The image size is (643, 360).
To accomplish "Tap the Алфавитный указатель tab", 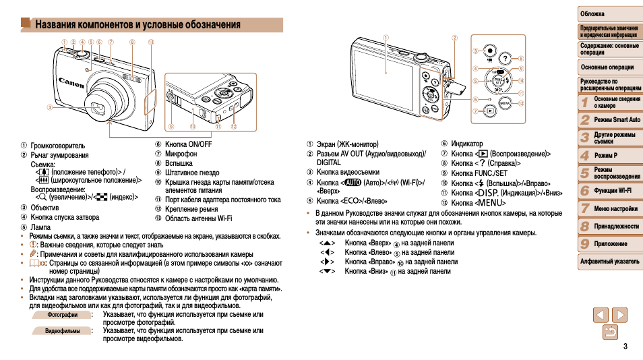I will pyautogui.click(x=609, y=262).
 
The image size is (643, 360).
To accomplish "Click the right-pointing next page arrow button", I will pyautogui.click(x=619, y=315).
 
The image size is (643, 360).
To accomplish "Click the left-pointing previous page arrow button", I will pyautogui.click(x=601, y=315).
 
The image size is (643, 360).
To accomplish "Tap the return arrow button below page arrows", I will pyautogui.click(x=610, y=332).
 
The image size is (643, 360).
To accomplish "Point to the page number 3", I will pyautogui.click(x=625, y=347).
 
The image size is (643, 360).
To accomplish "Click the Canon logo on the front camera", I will pyautogui.click(x=71, y=82).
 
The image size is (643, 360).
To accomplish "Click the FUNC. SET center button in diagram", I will pyautogui.click(x=498, y=81).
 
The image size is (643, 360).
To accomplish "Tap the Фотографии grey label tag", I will pyautogui.click(x=61, y=315).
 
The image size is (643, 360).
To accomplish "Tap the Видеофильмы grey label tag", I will pyautogui.click(x=61, y=331).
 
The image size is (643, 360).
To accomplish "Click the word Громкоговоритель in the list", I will pyautogui.click(x=58, y=145).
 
